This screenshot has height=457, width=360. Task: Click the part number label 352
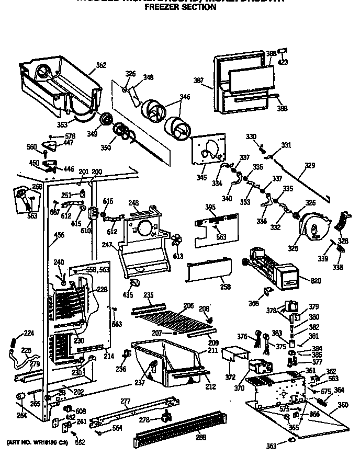[101, 65]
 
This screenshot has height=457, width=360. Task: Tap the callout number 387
[199, 81]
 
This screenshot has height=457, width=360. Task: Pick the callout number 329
[310, 165]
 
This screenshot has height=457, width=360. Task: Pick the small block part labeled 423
[283, 50]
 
